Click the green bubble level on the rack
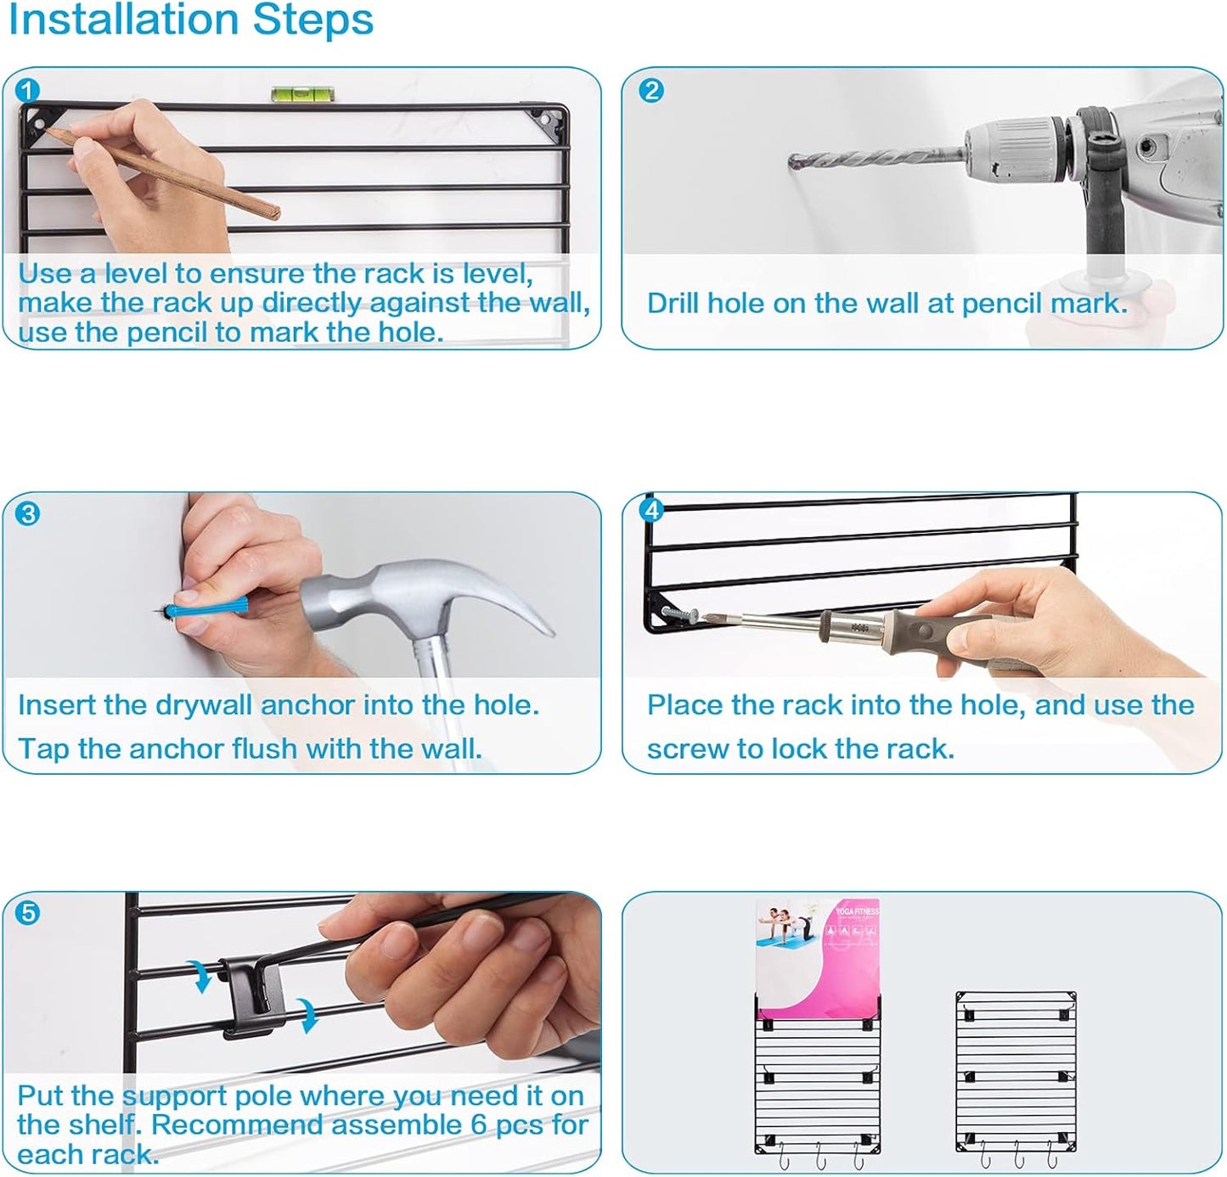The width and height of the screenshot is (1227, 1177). [302, 94]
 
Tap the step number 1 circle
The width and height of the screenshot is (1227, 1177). [27, 91]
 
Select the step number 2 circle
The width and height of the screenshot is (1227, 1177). [651, 91]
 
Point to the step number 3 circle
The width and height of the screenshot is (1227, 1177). [27, 513]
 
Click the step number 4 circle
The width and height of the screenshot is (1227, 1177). [651, 510]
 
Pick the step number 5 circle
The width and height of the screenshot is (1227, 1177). [27, 913]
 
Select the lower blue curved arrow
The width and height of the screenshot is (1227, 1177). [307, 1015]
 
